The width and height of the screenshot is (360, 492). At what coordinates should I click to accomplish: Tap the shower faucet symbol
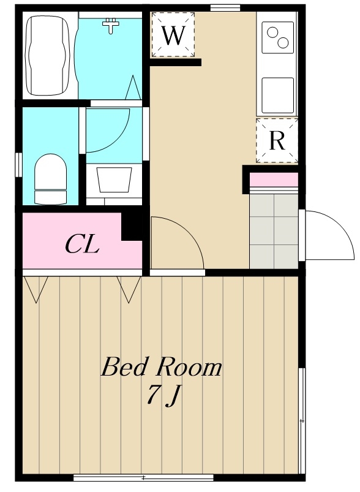click(x=111, y=25)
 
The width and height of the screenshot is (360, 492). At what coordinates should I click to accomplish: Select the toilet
click(x=50, y=179)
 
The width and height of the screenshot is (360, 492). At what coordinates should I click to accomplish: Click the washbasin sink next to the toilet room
click(x=114, y=180)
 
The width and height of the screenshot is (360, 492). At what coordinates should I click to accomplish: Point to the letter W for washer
click(x=173, y=35)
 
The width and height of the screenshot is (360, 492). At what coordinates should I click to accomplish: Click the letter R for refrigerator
click(x=277, y=140)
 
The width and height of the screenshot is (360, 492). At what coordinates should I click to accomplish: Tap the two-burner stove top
click(x=278, y=37)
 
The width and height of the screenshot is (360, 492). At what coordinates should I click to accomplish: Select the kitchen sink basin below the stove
click(x=278, y=96)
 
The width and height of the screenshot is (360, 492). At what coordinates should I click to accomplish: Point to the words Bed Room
click(x=161, y=367)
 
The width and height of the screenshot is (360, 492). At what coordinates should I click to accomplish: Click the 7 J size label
click(x=163, y=395)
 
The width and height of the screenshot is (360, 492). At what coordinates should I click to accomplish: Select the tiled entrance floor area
click(x=274, y=231)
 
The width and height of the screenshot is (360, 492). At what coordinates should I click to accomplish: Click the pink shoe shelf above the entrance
click(x=274, y=179)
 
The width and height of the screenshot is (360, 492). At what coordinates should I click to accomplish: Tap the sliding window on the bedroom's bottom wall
click(x=143, y=478)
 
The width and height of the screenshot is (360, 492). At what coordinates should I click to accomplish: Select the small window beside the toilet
click(x=18, y=165)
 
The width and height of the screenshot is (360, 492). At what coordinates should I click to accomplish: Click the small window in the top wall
click(x=225, y=8)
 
